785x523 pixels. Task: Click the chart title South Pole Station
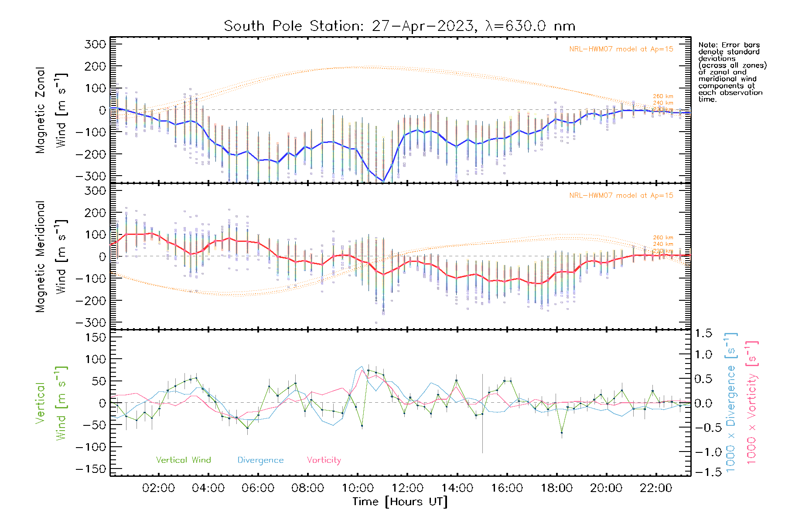pyautogui.click(x=399, y=26)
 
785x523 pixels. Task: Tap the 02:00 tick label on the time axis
pyautogui.click(x=158, y=488)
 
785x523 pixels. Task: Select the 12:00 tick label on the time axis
pyautogui.click(x=407, y=488)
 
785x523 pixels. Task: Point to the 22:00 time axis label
pyautogui.click(x=656, y=488)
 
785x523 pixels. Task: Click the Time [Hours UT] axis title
pyautogui.click(x=400, y=502)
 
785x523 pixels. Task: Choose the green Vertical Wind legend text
pyautogui.click(x=183, y=460)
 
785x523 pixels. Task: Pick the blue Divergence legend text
pyautogui.click(x=260, y=460)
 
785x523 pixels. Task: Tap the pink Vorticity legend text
pyautogui.click(x=324, y=460)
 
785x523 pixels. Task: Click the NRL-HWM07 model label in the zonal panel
pyautogui.click(x=621, y=49)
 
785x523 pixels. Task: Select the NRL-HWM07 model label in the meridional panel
pyautogui.click(x=621, y=196)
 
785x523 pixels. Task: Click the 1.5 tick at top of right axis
pyautogui.click(x=703, y=333)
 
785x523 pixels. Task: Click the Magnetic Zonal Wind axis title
pyautogui.click(x=51, y=110)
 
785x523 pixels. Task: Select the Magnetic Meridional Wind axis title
pyautogui.click(x=51, y=257)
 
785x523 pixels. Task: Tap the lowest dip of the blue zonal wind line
pyautogui.click(x=383, y=181)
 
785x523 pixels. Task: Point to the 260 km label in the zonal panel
pyautogui.click(x=663, y=96)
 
